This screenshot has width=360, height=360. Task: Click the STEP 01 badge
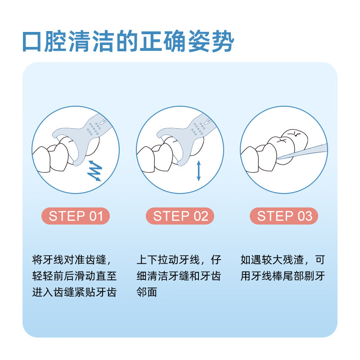coord(76,216)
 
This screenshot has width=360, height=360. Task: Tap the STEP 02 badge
coord(180,216)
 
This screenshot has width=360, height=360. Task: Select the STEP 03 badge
coord(284,216)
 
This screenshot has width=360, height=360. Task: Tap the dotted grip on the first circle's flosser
coord(94,129)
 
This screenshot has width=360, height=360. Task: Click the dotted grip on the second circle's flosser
coord(198,129)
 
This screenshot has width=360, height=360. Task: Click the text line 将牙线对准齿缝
coord(71,260)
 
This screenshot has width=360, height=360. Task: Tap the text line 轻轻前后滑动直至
coord(75,276)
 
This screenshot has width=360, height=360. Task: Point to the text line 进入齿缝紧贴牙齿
coord(75,292)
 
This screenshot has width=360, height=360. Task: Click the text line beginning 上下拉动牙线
coord(179,260)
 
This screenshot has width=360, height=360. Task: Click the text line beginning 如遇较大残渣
coord(283,260)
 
